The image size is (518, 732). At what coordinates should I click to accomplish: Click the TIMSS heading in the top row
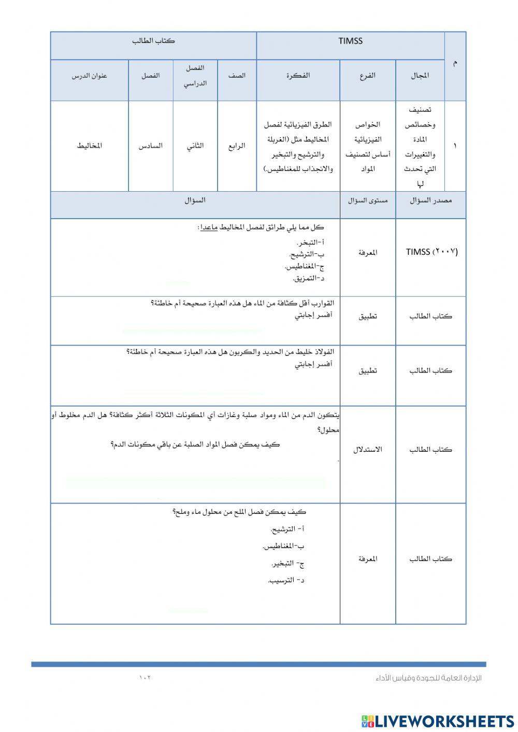[350, 41]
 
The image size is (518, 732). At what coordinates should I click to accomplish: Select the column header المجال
[420, 76]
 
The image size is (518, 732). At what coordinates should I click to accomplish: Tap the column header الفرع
[367, 76]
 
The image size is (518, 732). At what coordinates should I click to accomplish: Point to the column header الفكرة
[298, 75]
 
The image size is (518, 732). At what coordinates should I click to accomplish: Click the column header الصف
[237, 76]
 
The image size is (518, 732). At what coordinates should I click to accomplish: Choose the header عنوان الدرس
[89, 76]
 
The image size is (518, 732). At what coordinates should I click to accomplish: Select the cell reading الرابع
[237, 146]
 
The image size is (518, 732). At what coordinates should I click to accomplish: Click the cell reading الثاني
[195, 146]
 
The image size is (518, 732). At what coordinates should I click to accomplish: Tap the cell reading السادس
[150, 146]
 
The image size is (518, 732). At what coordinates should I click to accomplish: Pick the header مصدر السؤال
[430, 200]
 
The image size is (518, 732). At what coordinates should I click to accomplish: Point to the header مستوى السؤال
[368, 200]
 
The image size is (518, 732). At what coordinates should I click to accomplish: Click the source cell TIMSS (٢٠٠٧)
[431, 252]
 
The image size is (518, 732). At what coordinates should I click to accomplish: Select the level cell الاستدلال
[368, 450]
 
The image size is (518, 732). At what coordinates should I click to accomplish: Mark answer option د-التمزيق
[309, 279]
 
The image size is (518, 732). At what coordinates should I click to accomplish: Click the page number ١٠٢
[145, 678]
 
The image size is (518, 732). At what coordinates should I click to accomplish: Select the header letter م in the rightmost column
[455, 63]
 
